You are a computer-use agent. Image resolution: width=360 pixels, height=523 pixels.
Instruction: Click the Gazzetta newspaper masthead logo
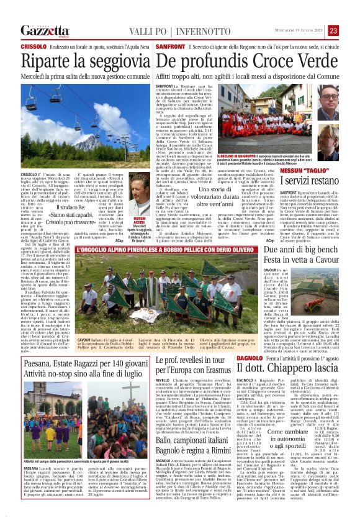[x=44, y=30]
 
